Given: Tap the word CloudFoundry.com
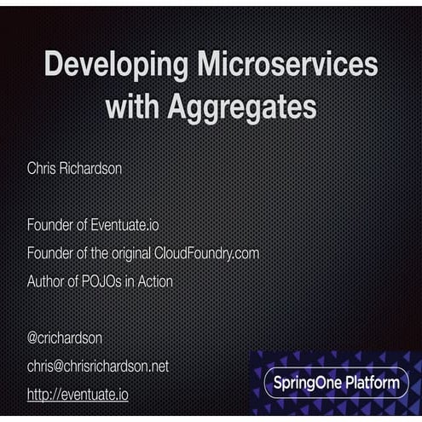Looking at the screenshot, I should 206,253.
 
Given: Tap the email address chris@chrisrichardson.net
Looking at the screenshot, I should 98,366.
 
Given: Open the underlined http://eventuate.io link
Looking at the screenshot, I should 78,395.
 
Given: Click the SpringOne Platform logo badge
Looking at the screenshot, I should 336,383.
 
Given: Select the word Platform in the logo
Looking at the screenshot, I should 371,383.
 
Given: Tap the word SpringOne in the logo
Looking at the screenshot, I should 307,383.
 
